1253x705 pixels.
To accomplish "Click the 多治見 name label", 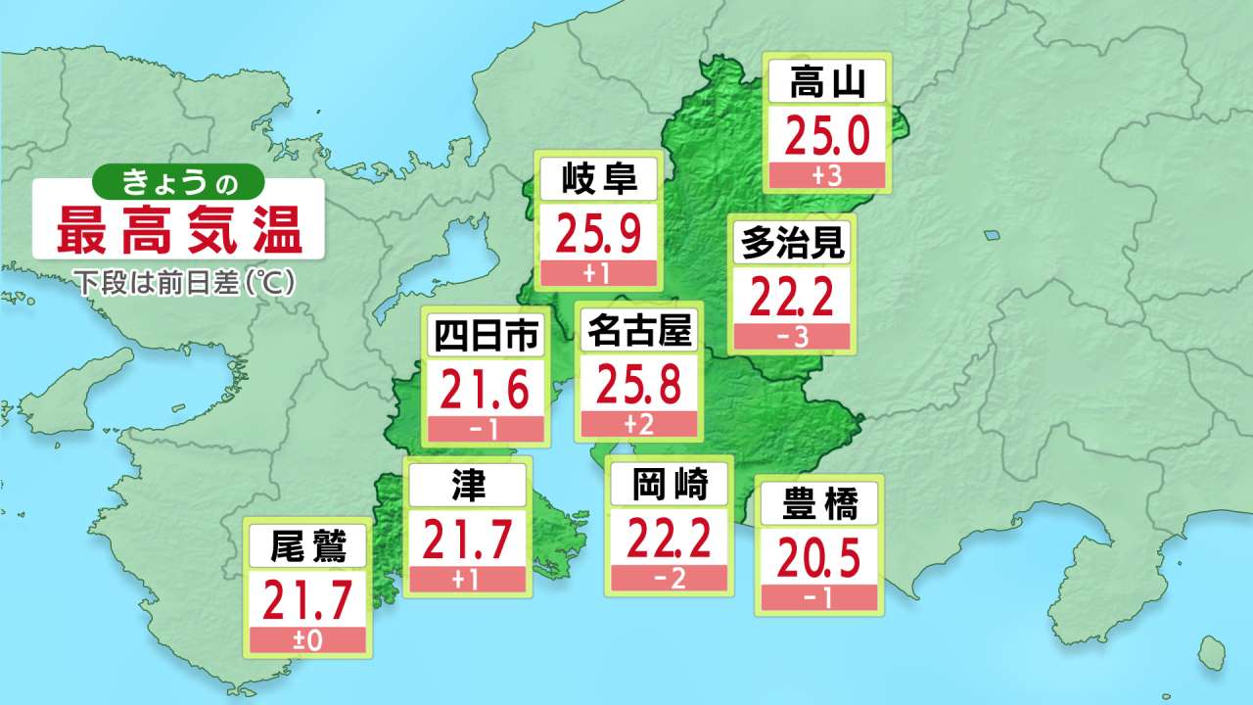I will coord(792,242).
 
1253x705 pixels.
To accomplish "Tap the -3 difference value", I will coord(792,337).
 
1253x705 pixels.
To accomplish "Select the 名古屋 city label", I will coord(639,332).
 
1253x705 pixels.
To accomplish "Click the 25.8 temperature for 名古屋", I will coord(639,385).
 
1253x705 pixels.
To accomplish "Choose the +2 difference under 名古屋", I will coord(639,424).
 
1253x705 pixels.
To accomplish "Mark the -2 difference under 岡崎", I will coord(669,579).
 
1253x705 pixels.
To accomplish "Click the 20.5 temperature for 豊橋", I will coord(819,559).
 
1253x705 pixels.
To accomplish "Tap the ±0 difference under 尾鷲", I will coord(308,641).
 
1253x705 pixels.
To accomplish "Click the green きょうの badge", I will coord(179,181).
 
